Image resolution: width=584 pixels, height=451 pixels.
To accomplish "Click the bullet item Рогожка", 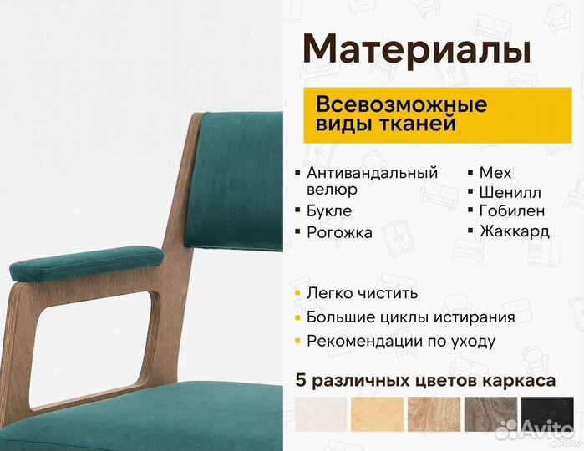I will [x=339, y=233].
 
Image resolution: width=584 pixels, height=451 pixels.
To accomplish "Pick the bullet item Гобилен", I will [x=512, y=211].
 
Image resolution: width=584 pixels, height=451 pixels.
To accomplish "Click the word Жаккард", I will [x=515, y=231].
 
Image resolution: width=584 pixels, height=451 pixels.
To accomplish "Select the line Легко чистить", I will [x=362, y=293].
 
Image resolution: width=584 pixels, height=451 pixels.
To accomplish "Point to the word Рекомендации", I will [x=363, y=342].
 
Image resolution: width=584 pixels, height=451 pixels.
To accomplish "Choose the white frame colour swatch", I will [x=321, y=418].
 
